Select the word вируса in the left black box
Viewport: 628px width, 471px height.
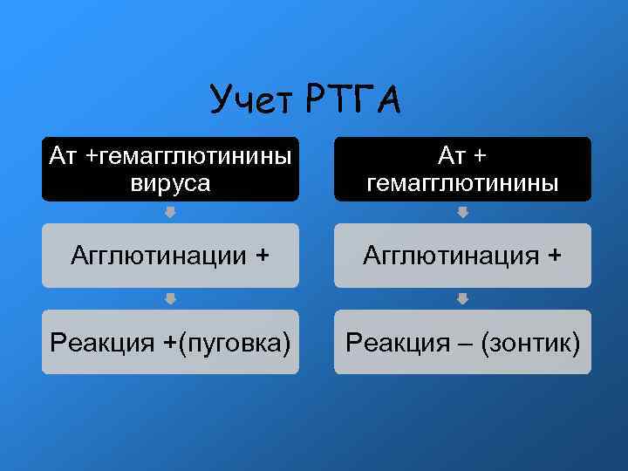point(170,182)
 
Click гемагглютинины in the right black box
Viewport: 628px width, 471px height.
point(462,182)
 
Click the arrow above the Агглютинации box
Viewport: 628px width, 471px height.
point(171,212)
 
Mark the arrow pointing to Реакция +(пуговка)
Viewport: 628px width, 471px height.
point(171,298)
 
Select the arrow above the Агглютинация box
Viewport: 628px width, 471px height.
point(463,212)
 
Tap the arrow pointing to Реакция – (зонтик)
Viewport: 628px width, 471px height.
point(463,298)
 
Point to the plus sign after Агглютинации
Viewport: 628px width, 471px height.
point(262,256)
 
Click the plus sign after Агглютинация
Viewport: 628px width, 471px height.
point(554,256)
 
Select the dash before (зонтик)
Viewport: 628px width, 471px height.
point(465,342)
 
